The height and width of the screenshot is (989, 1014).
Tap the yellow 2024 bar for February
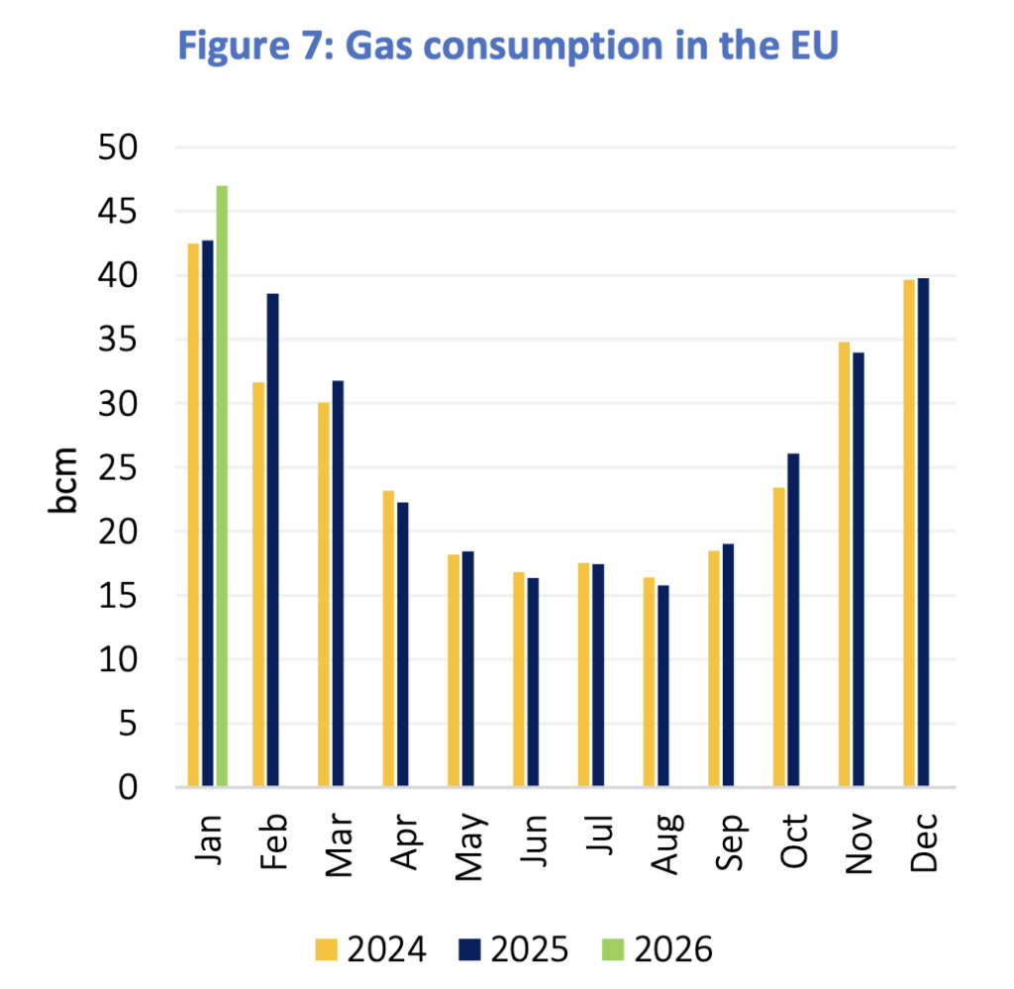click(258, 584)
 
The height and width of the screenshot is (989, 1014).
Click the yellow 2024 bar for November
click(845, 564)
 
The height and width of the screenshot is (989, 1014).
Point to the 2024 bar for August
click(649, 682)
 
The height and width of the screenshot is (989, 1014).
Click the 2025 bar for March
click(338, 584)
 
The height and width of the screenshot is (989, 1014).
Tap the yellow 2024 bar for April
click(389, 639)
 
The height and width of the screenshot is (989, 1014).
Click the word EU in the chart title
click(809, 47)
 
